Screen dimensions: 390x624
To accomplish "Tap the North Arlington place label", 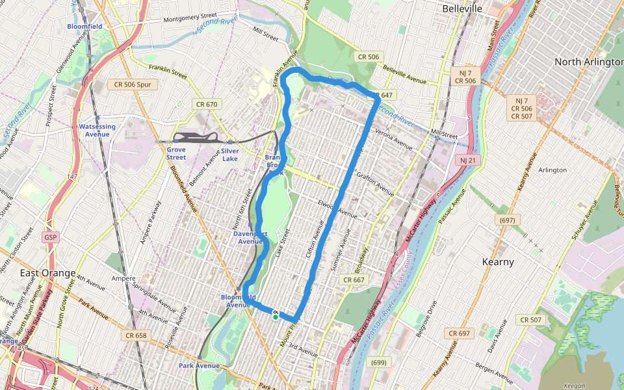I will pos(588,62).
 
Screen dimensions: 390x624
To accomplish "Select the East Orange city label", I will pos(48,272).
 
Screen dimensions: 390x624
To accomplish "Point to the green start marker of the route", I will pos(276,317).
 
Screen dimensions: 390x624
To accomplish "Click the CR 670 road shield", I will pos(207,104).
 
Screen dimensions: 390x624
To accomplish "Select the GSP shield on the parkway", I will pos(51,237).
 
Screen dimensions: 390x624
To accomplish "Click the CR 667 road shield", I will pos(354,279).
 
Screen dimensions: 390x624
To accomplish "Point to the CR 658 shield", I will pos(135,335).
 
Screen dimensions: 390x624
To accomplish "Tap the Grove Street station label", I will pos(175,153).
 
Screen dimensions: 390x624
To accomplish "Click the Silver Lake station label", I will pos(229,154).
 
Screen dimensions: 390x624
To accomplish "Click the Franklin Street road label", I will pos(168,72).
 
